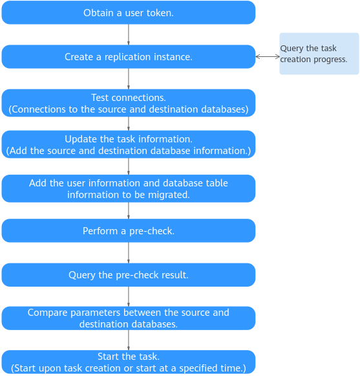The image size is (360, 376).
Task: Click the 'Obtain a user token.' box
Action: (x=129, y=12)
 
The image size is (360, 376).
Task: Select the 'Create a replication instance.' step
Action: (x=129, y=57)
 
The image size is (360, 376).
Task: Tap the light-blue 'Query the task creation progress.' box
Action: (x=319, y=54)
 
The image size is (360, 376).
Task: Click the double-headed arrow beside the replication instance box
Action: (x=268, y=57)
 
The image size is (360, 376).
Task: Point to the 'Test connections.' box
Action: (x=129, y=103)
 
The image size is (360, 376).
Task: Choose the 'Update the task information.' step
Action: (x=129, y=144)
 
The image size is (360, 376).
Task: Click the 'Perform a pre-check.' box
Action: (x=129, y=230)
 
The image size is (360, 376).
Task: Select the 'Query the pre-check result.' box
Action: (x=129, y=275)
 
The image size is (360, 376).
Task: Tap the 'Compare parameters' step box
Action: (x=129, y=318)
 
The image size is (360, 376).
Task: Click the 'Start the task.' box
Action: (x=129, y=362)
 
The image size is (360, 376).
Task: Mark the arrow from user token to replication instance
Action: (x=129, y=34)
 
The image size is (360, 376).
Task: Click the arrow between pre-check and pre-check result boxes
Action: (x=129, y=253)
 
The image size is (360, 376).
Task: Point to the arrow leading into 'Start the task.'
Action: (x=129, y=340)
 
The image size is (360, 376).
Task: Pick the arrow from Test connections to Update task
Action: (x=129, y=124)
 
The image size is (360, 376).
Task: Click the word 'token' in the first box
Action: (x=159, y=13)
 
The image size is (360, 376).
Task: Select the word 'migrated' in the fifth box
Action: (x=167, y=195)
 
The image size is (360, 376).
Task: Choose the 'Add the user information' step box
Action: (x=129, y=188)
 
